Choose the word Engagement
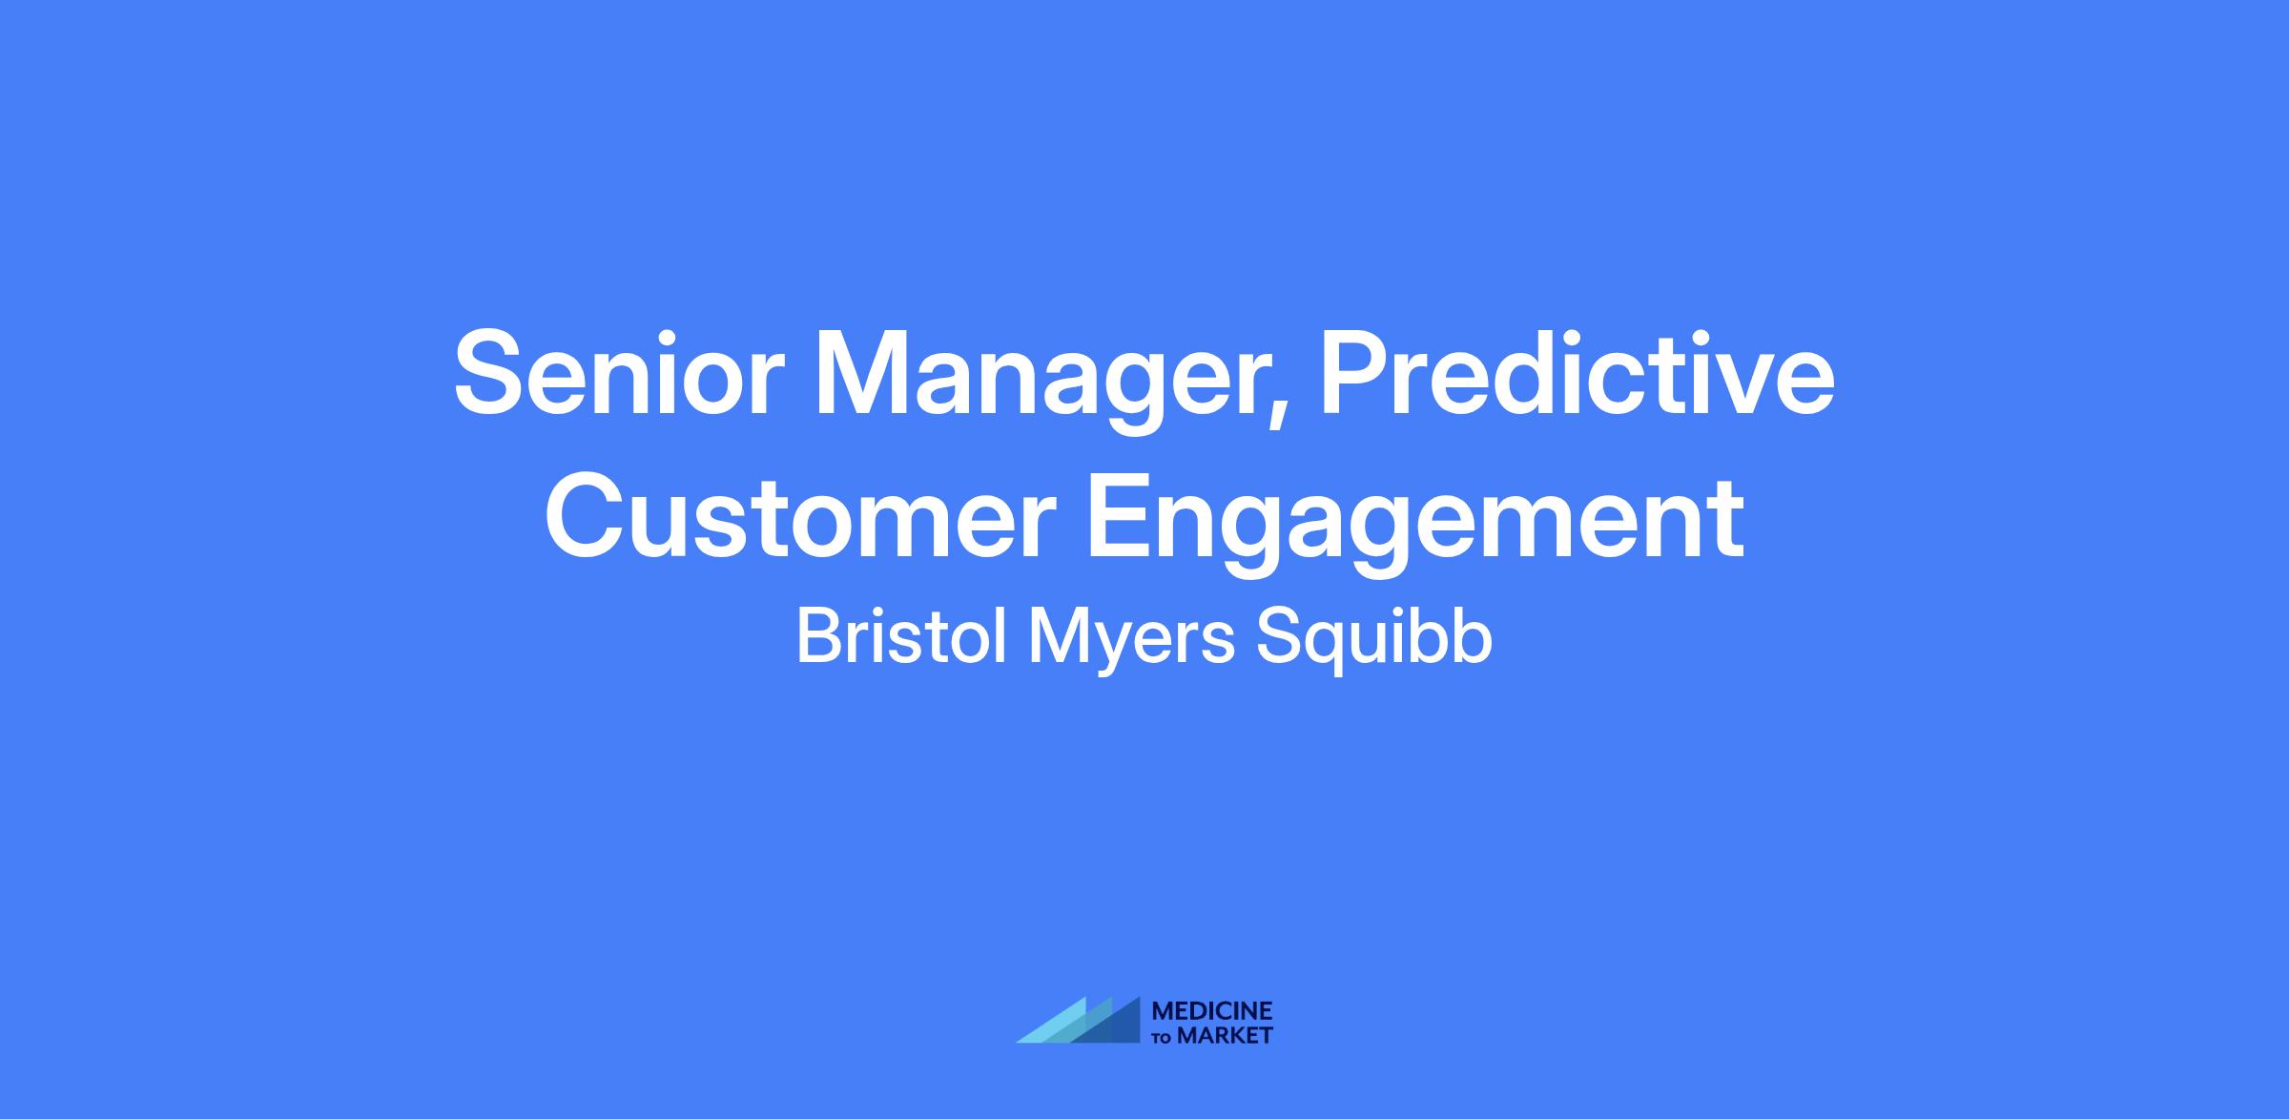click(1415, 524)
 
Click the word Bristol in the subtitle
click(901, 638)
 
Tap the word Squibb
click(1373, 642)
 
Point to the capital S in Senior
click(490, 374)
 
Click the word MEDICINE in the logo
click(1212, 1011)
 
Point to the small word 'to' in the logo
click(1164, 1038)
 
